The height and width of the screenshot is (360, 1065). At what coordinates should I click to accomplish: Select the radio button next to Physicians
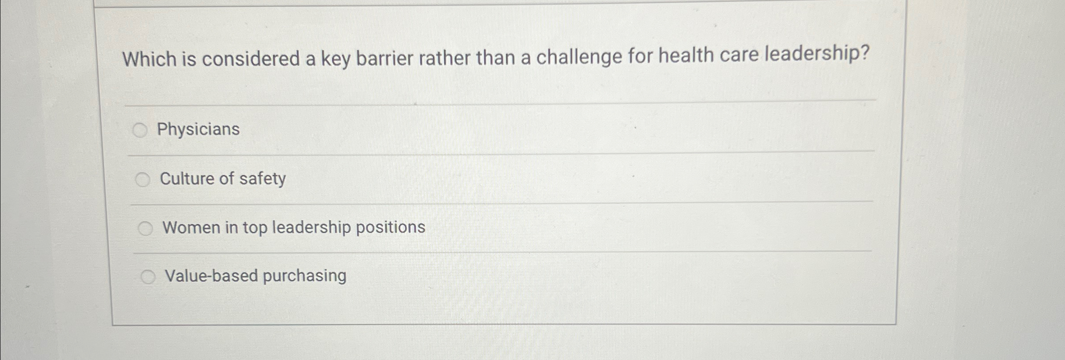[140, 130]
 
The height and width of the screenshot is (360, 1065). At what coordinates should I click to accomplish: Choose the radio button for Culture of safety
[143, 179]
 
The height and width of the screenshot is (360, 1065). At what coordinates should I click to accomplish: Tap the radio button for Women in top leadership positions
[145, 228]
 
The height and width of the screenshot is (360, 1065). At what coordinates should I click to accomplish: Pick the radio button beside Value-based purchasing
[148, 277]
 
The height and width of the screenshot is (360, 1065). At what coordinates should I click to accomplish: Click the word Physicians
[198, 129]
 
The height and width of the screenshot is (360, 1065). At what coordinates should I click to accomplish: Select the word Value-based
[212, 276]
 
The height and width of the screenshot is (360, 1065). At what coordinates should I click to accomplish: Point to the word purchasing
[305, 276]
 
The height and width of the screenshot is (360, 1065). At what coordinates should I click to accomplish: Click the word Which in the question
[149, 59]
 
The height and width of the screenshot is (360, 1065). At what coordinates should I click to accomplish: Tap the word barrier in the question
[384, 58]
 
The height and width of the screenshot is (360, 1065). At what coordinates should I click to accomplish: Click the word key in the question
[336, 59]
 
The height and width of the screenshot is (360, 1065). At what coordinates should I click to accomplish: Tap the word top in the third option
[254, 228]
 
